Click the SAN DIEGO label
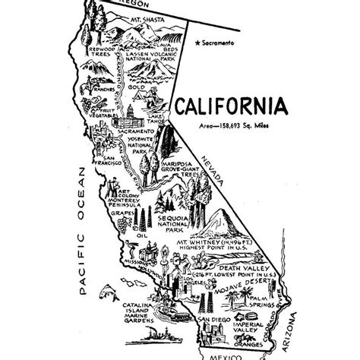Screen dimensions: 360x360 click(x=213, y=320)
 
